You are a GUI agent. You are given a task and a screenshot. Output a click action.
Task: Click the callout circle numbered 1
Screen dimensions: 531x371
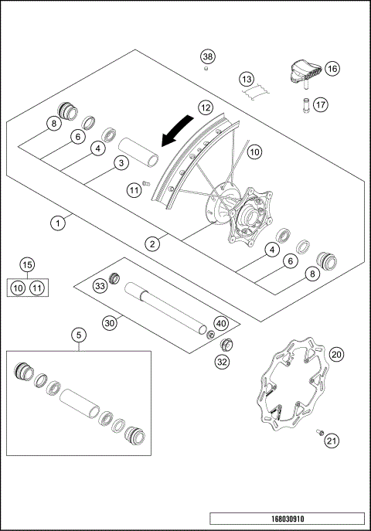pos(57,222)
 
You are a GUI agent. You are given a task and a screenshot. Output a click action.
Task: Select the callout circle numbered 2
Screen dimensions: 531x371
pos(154,243)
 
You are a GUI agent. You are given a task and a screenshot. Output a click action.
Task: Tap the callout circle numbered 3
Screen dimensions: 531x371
pos(120,163)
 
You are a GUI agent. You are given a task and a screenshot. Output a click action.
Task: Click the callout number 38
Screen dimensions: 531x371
pos(207,56)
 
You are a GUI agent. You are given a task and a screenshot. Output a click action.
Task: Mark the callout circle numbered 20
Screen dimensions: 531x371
pos(335,354)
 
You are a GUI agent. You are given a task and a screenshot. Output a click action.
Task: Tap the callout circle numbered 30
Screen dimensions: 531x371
pos(110,323)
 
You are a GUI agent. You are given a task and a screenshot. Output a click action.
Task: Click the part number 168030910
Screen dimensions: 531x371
pos(285,519)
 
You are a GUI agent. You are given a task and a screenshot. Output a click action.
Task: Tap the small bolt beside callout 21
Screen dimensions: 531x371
pos(319,433)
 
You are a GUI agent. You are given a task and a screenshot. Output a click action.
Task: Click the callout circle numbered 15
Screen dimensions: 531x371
pos(27,266)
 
